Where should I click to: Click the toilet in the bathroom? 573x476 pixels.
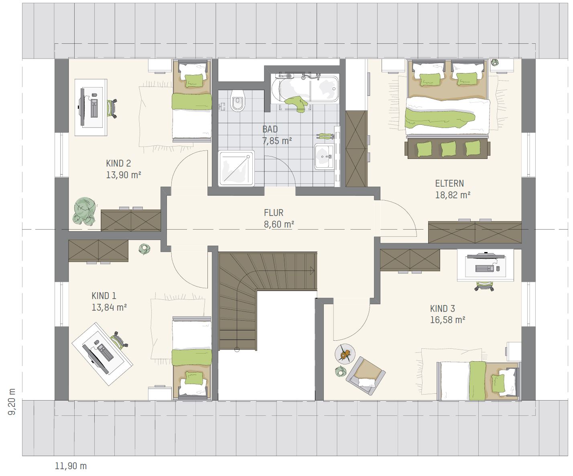tap(238, 101)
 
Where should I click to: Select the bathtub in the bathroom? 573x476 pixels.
tap(305, 89)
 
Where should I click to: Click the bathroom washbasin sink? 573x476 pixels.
tap(324, 157)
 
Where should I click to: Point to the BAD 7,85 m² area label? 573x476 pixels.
tap(277, 135)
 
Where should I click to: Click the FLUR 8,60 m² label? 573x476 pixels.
tap(279, 218)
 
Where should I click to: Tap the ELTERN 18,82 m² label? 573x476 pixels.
tap(453, 189)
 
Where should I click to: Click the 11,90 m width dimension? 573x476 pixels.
tap(71, 466)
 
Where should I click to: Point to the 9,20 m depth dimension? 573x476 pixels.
tap(12, 402)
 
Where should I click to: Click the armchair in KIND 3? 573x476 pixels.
tap(366, 376)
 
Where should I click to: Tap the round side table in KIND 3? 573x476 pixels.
tap(345, 354)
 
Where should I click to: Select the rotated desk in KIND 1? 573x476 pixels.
tap(102, 354)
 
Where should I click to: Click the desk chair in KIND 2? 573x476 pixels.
tap(112, 108)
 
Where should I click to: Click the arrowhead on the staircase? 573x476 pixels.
tap(312, 271)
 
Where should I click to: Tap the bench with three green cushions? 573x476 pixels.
tap(447, 148)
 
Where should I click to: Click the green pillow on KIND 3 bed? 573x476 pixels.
tap(498, 384)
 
